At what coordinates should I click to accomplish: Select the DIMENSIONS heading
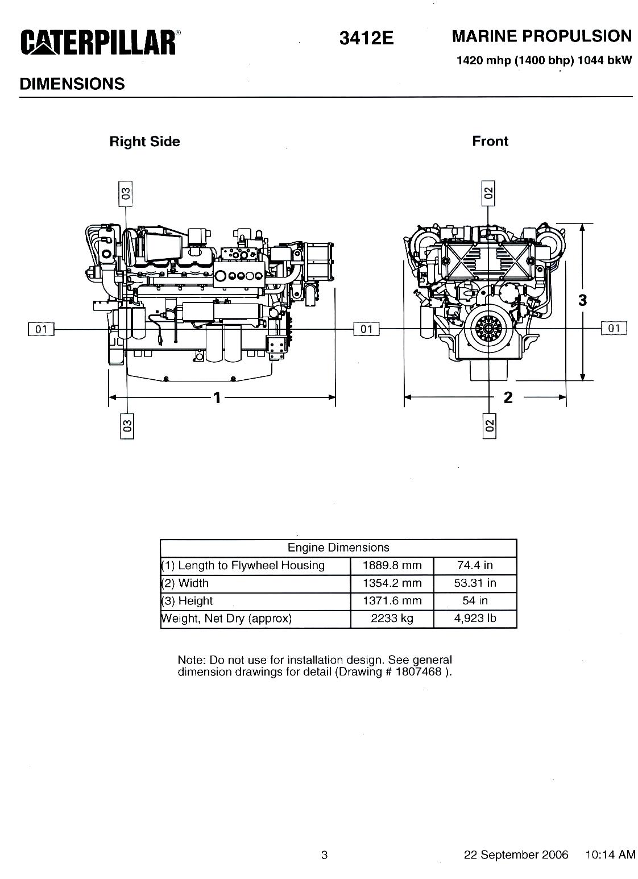[72, 84]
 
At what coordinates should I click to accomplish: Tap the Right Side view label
[144, 142]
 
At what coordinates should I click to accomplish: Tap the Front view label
[490, 141]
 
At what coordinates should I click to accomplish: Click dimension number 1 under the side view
[217, 397]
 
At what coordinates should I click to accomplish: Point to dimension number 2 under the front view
[508, 397]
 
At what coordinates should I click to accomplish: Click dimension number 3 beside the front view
[582, 300]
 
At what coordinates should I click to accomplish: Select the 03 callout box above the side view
[126, 194]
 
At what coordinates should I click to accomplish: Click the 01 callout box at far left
[41, 329]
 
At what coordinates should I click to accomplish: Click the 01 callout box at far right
[614, 328]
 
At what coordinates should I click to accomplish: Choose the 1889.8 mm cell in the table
[392, 566]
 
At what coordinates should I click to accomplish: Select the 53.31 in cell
[475, 583]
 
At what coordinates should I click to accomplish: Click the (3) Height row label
[188, 601]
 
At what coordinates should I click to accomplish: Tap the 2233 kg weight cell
[392, 619]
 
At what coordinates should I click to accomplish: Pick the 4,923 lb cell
[475, 619]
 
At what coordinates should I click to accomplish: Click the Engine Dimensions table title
[338, 548]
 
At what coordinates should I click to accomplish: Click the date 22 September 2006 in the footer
[516, 855]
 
